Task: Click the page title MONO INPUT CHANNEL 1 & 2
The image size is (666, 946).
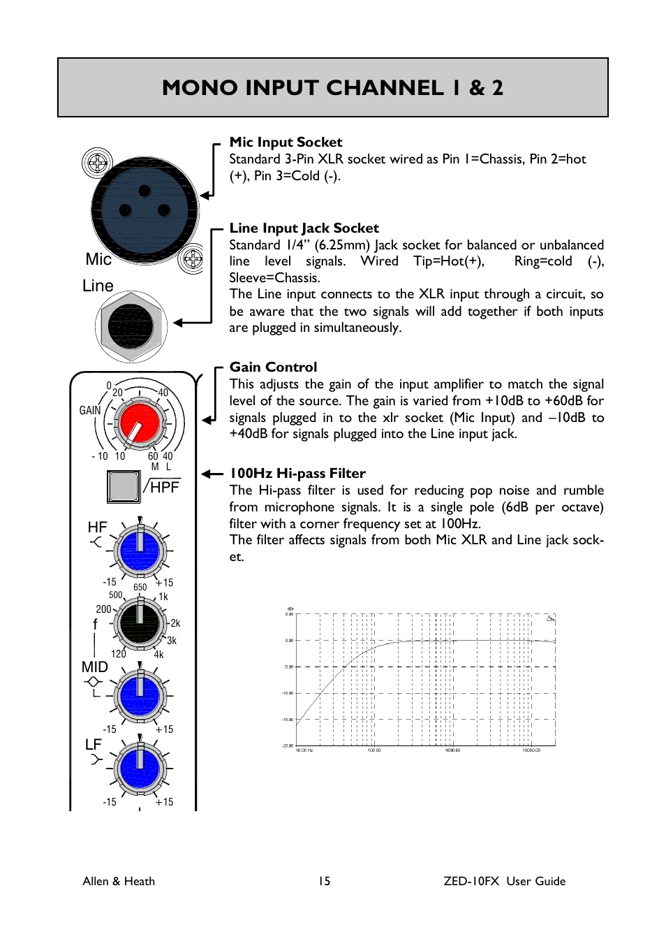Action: (332, 87)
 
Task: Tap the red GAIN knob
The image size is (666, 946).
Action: (140, 423)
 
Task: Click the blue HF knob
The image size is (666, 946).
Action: (140, 551)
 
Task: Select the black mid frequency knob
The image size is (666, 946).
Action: (140, 623)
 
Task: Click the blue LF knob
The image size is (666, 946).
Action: (140, 769)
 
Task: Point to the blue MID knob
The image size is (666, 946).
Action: (140, 696)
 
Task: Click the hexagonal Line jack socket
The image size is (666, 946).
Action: (131, 326)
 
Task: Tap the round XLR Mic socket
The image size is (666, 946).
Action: (145, 210)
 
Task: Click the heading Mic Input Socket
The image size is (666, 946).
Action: (286, 143)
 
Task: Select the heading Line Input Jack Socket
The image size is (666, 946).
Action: (304, 228)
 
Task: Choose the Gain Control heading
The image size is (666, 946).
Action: (273, 368)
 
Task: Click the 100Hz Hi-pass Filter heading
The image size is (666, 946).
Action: (297, 474)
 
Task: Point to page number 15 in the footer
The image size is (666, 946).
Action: (324, 881)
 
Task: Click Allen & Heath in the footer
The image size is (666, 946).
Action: (119, 881)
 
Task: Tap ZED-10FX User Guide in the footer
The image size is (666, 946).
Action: (504, 881)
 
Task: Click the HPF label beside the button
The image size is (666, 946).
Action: (165, 487)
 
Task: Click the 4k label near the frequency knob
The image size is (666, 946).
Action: (159, 655)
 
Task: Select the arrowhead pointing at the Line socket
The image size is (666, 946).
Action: (179, 323)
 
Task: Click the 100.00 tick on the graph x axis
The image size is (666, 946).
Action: (374, 750)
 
